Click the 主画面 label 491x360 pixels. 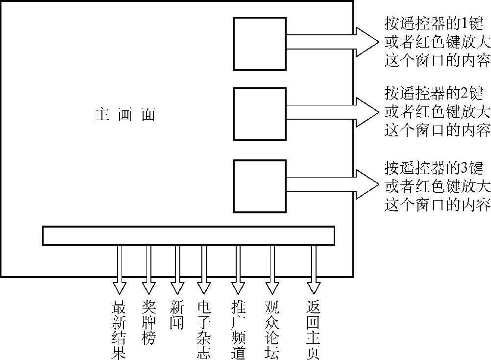pos(125,115)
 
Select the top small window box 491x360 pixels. pos(260,44)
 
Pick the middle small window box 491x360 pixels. pos(260,114)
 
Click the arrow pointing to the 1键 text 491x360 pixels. pos(333,42)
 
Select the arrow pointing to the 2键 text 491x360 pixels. pos(333,112)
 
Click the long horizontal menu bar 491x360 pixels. pos(189,235)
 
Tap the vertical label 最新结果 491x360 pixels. pos(119,329)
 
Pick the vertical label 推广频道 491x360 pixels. pos(238,329)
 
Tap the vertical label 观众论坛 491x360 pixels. pos(271,329)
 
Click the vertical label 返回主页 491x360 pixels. pos(314,329)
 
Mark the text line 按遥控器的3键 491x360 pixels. pos(434,167)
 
